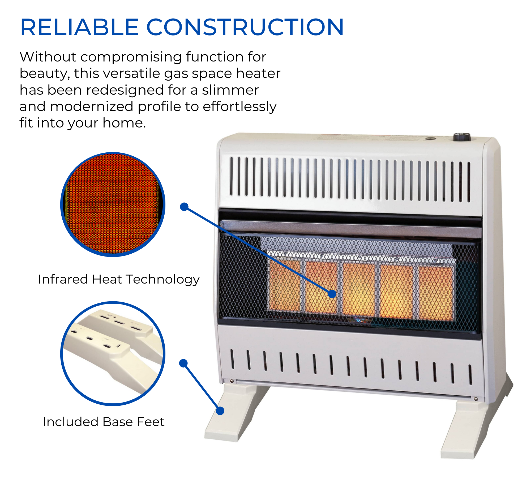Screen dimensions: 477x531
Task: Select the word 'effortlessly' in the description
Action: pyautogui.click(x=239, y=107)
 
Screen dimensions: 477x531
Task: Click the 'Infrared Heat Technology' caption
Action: pyautogui.click(x=119, y=279)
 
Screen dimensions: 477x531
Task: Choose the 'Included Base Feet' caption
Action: pyautogui.click(x=104, y=422)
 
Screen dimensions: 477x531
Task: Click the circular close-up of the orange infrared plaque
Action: pyautogui.click(x=113, y=204)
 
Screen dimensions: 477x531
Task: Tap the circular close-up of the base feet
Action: pyautogui.click(x=113, y=354)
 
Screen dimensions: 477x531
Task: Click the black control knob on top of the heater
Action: pyautogui.click(x=462, y=137)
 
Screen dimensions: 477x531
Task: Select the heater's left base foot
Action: pyautogui.click(x=234, y=416)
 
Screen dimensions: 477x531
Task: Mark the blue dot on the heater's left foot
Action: pyautogui.click(x=220, y=411)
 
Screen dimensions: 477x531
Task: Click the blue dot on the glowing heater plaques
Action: pyautogui.click(x=332, y=294)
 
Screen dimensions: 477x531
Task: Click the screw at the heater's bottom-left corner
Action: pyautogui.click(x=232, y=381)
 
